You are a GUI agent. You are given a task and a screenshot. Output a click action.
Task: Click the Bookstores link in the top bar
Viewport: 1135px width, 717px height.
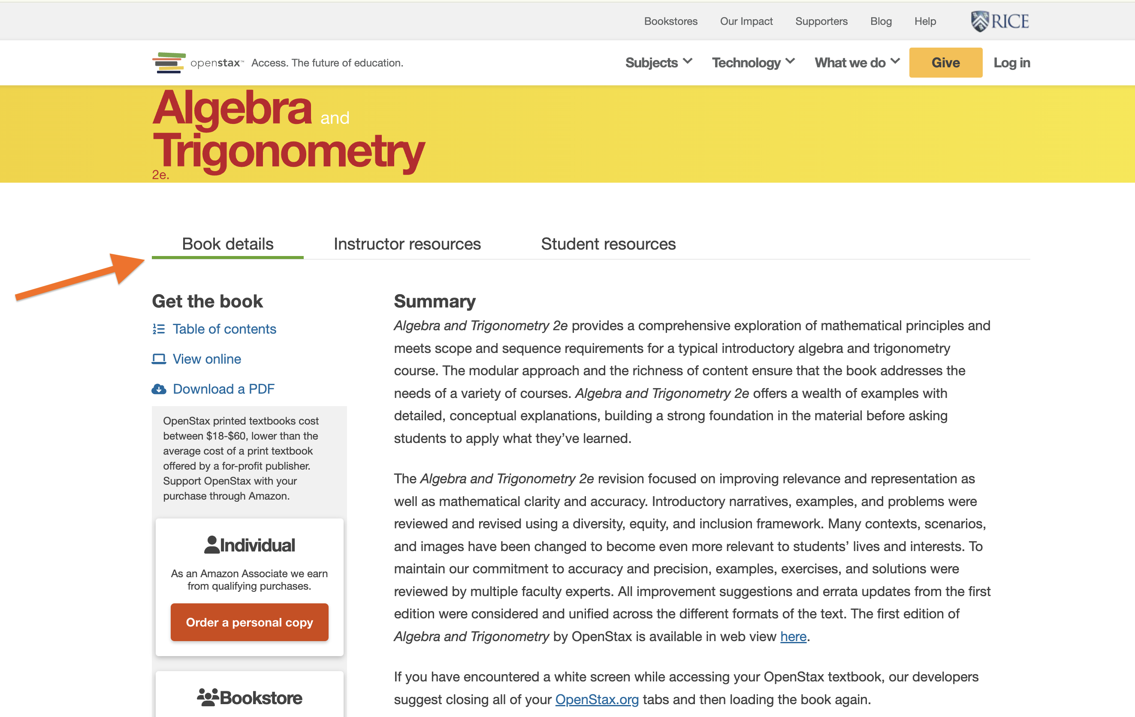point(670,21)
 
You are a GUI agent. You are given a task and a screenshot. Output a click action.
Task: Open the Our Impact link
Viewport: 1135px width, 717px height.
point(746,21)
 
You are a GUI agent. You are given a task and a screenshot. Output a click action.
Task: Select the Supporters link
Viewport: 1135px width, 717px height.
point(821,21)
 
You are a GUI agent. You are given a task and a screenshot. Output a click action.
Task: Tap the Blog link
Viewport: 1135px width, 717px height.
point(881,21)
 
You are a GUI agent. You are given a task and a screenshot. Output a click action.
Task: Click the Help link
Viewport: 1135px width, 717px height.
point(925,21)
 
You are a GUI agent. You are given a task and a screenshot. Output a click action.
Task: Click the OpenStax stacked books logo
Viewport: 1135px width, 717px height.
point(169,63)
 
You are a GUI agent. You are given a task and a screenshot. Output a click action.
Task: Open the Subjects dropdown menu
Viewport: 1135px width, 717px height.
point(658,63)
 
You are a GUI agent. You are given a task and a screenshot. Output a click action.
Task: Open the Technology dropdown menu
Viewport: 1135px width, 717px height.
point(753,63)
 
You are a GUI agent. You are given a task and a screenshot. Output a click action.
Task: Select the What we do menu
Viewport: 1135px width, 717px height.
point(857,63)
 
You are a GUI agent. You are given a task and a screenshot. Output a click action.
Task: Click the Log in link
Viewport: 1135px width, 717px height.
point(1011,63)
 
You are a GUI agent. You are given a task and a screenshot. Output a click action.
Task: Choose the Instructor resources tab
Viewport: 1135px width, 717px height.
point(407,244)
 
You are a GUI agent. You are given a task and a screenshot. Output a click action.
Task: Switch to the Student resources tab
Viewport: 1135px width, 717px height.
point(608,244)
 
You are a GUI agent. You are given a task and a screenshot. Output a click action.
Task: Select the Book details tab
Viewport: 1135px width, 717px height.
point(228,244)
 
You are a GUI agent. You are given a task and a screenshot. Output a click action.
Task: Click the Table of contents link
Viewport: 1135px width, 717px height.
point(224,329)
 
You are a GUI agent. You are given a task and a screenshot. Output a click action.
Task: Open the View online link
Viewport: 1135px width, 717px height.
point(206,359)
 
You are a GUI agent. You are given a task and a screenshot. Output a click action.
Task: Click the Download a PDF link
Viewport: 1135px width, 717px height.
point(223,389)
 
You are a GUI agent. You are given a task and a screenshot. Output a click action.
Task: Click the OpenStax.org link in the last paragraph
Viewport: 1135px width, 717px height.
point(597,699)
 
